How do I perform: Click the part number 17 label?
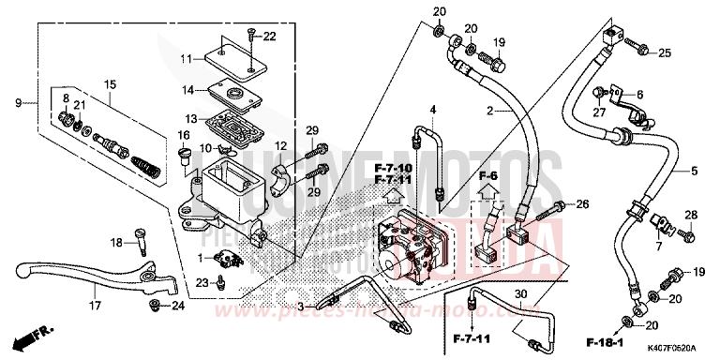point(94,305)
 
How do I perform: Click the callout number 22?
point(270,37)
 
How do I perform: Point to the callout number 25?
point(665,52)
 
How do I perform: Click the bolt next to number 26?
point(559,204)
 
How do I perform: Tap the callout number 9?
point(18,101)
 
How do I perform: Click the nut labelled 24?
point(154,306)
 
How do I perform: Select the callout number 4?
point(433,111)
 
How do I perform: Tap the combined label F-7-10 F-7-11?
point(391,171)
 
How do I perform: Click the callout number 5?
point(695,171)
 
